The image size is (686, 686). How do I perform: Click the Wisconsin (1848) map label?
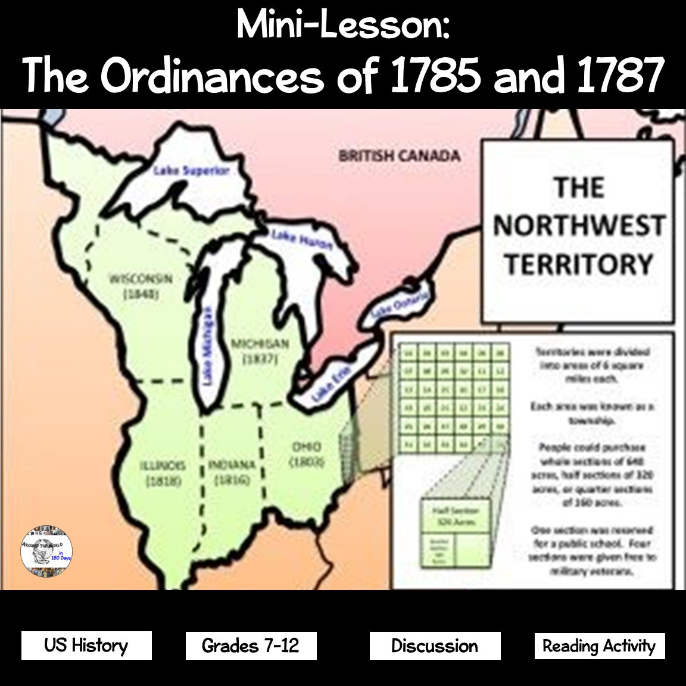141,286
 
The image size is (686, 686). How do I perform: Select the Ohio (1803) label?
307,454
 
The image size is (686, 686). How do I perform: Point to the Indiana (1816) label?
232,472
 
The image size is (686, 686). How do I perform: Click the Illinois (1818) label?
163,473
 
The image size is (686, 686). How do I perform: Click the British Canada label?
399,156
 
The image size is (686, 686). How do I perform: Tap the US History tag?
86,646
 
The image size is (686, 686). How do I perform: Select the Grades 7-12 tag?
251,646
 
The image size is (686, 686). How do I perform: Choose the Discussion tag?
435,646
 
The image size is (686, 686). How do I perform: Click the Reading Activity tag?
599,646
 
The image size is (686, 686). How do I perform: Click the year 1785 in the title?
434,76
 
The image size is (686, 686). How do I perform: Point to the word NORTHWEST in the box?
578,226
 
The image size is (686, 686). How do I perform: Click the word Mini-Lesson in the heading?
343,25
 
